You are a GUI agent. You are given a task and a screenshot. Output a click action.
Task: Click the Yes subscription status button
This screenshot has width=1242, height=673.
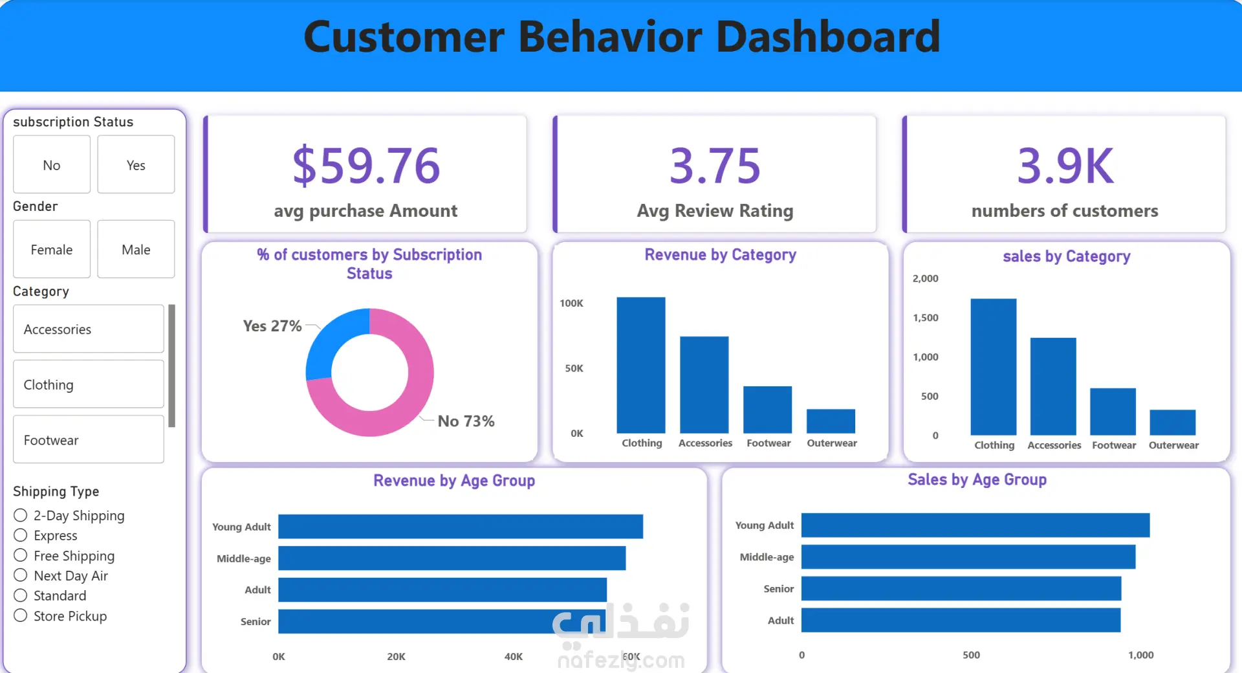coord(136,164)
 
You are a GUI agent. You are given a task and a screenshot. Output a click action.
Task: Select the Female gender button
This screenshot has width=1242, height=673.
coord(52,249)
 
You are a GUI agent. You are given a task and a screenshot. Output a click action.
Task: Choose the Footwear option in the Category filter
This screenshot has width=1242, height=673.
coord(88,439)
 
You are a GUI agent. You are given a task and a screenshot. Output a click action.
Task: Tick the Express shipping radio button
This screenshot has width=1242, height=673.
coord(21,535)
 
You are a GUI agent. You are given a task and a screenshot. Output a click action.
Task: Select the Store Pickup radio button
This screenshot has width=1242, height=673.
coord(21,615)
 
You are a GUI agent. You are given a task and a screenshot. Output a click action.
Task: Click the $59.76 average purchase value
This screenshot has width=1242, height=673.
coord(366,166)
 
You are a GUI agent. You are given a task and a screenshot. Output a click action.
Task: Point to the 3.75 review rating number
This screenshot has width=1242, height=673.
coord(715,166)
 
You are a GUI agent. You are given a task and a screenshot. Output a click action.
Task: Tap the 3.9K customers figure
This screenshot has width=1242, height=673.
coord(1065,166)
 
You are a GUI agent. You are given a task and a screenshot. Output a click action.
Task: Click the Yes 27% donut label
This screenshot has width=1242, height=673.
coord(272,326)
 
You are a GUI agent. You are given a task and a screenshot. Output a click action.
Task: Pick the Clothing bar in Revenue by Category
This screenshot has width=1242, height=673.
coord(640,365)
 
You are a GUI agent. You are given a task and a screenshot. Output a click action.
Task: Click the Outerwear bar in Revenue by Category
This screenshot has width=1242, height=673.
coord(831,421)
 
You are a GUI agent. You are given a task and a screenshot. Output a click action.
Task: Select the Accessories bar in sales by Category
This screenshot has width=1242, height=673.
coord(1053,386)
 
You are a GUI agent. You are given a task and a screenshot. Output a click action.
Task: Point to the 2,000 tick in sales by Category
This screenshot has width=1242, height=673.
coord(925,279)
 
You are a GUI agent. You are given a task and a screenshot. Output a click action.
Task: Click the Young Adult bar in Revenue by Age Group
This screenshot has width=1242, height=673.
coord(461,526)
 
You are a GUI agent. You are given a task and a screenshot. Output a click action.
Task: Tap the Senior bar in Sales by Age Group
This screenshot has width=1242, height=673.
coord(961,588)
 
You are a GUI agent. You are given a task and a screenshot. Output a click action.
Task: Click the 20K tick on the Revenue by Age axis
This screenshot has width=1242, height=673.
coord(396,656)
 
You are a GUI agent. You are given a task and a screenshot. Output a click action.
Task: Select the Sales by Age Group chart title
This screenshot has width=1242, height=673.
coord(977,480)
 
